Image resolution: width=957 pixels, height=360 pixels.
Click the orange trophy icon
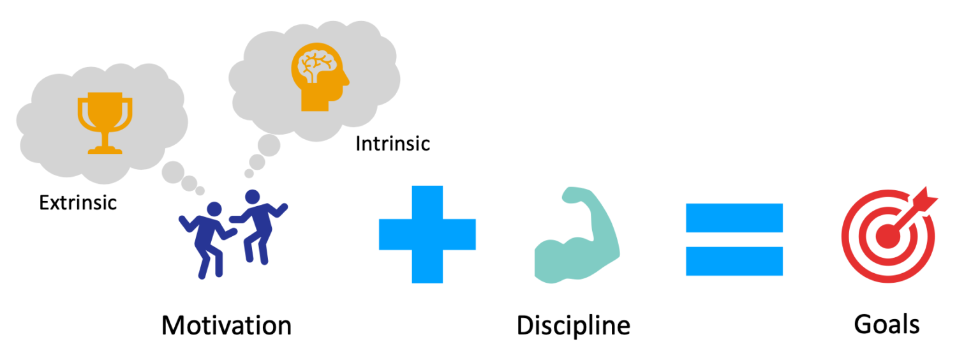105,123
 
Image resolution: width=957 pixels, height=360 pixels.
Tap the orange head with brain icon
320,77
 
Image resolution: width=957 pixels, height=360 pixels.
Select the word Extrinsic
78,203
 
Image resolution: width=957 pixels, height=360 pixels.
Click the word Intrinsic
392,144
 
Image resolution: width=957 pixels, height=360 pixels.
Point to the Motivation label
226,326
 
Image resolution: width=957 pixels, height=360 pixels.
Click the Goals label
887,324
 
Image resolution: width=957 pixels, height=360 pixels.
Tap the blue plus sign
427,234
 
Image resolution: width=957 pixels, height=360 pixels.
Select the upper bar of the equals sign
734,218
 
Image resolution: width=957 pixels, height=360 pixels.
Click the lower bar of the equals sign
734,261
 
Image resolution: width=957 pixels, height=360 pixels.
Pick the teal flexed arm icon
577,235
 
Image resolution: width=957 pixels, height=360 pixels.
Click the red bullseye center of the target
888,236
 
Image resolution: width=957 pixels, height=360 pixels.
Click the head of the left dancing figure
214,209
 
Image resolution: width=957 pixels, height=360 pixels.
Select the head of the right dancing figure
252,197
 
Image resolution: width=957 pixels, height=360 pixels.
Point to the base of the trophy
105,149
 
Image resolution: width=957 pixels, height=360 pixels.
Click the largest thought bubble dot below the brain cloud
269,146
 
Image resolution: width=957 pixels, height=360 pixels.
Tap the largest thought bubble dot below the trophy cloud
173,172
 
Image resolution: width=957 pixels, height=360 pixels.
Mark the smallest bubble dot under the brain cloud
249,174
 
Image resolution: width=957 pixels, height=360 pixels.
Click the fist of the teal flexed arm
575,195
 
